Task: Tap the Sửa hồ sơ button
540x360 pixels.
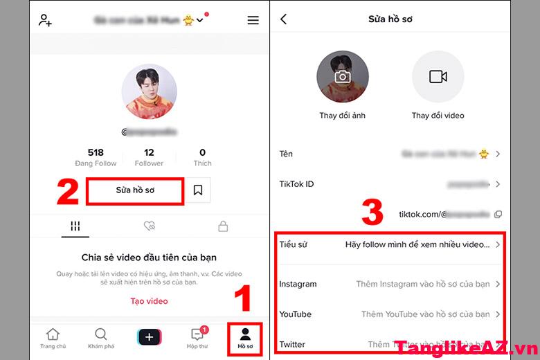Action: pos(135,190)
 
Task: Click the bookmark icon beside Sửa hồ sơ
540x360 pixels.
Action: pos(198,190)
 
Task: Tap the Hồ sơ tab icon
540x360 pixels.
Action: pos(245,335)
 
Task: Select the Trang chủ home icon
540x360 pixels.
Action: pos(53,335)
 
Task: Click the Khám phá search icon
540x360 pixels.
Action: pos(101,335)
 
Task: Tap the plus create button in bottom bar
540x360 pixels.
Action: pos(150,337)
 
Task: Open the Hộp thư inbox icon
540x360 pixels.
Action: pos(196,335)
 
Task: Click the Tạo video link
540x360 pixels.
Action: pos(149,301)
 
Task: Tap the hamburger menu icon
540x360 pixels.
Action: pos(253,20)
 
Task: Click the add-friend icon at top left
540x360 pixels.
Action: pos(45,20)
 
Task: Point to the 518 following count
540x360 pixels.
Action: pos(96,152)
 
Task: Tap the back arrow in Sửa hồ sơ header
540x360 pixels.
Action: pos(283,19)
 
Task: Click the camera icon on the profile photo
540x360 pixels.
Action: pos(343,77)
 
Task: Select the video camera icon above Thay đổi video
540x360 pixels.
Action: pos(438,77)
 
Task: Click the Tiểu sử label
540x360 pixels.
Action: pos(293,244)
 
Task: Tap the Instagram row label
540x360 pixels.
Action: pos(298,284)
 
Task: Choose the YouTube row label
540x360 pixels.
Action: pos(295,314)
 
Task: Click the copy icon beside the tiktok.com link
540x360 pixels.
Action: pos(498,215)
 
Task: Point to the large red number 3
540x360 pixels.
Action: pos(372,213)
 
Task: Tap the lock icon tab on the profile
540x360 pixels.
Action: pos(223,226)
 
